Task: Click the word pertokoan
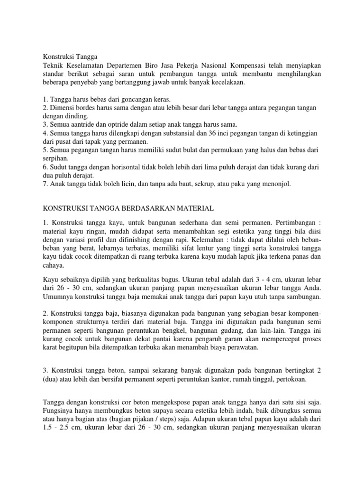290,380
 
